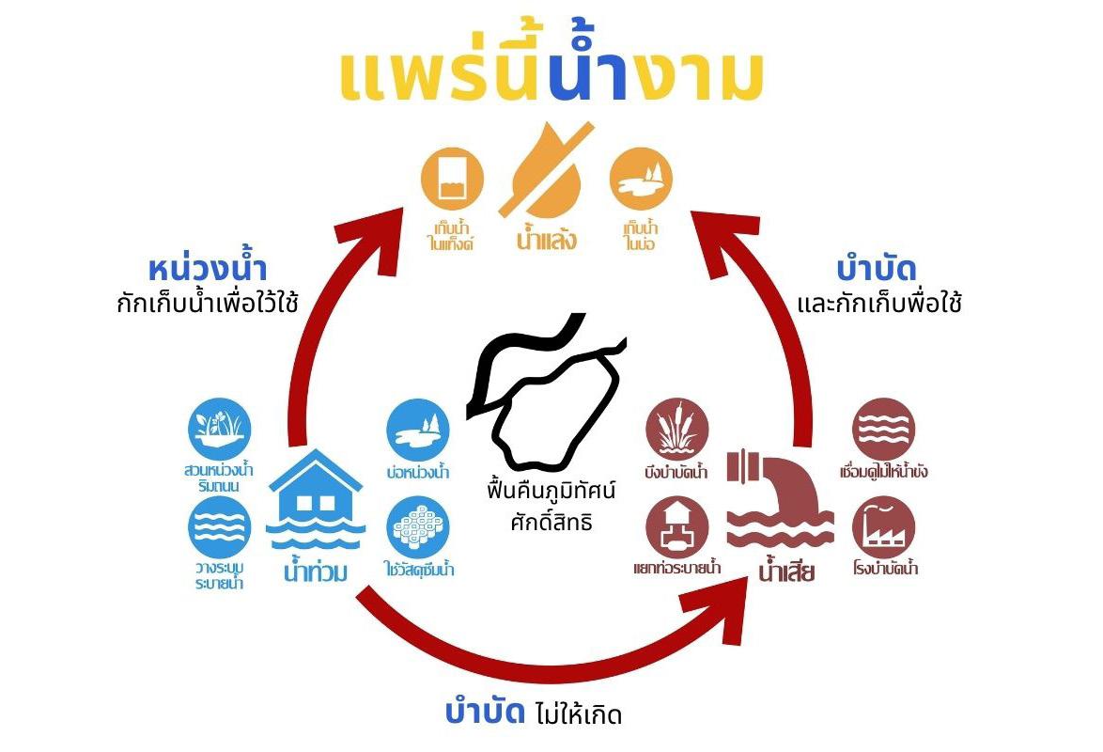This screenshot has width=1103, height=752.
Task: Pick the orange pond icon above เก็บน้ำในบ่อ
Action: coord(640,180)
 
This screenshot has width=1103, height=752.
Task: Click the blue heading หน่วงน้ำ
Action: coord(208,269)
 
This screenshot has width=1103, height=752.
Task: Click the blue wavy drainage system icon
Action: coord(219,526)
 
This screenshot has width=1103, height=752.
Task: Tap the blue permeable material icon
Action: coord(418,526)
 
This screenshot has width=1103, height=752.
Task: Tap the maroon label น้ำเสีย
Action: coord(786,570)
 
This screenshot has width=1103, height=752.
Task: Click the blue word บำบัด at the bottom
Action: coord(484,712)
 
